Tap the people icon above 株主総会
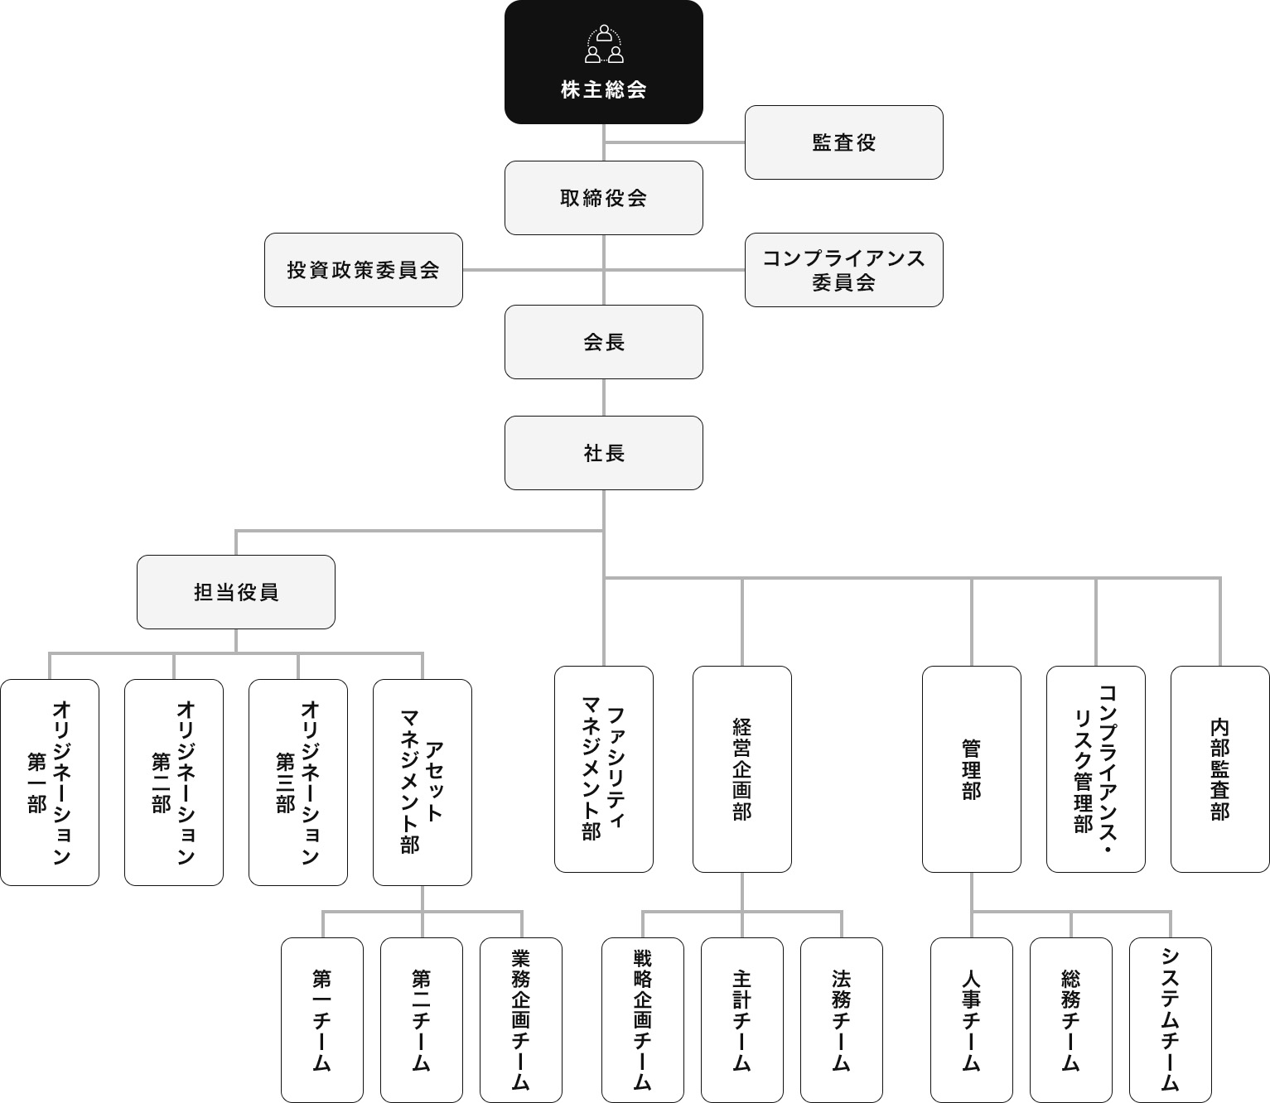tap(604, 45)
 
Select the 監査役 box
tap(843, 142)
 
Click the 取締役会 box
tap(603, 198)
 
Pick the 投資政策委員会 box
tap(363, 270)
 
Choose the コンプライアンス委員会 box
tap(843, 270)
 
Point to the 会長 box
tap(603, 342)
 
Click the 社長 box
tap(603, 453)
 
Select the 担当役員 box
tap(236, 592)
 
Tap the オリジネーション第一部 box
tap(50, 783)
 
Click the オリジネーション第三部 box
tap(298, 783)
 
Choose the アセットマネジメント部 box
tap(423, 783)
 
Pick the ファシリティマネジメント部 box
tap(603, 769)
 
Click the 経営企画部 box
tap(742, 769)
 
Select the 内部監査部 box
tap(1219, 769)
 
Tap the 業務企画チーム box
tap(521, 1019)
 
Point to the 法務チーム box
tap(842, 1019)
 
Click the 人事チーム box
tap(972, 1019)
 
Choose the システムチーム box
tap(1171, 1019)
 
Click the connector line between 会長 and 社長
tap(603, 397)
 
